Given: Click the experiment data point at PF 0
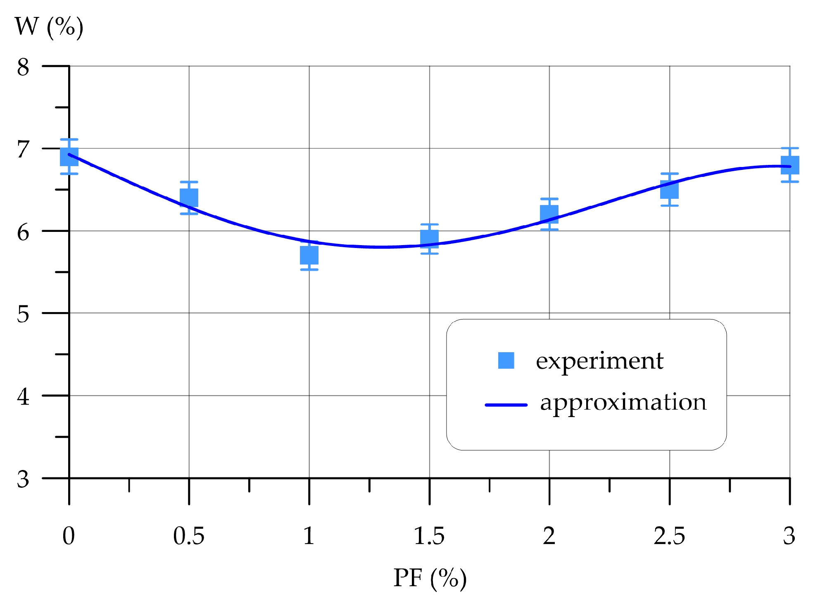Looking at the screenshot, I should point(69,157).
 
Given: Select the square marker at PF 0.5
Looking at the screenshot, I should point(189,198).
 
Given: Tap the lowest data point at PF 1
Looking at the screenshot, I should point(309,255).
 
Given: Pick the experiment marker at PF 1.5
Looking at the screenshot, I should point(429,238).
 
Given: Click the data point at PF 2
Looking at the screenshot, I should point(549,214).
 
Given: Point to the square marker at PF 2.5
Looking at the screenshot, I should point(669,189).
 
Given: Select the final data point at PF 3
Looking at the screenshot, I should point(789,165).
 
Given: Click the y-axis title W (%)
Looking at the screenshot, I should point(49,27).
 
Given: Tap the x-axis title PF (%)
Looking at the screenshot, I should point(430,577).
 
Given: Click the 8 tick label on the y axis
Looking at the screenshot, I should point(23,67).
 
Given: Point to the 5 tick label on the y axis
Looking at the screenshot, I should point(23,314).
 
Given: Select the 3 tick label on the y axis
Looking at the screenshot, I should point(23,479).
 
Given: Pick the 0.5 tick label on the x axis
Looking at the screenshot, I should point(189,536).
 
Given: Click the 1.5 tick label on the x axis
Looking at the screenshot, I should point(429,536).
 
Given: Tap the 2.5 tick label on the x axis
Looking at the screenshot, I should point(669,536).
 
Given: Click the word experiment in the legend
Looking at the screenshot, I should point(599,361).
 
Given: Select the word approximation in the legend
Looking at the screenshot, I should point(623,402).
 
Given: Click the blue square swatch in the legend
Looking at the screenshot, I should point(506,360).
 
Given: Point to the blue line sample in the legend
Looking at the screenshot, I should point(506,405).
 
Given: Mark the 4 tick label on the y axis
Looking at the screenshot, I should point(23,397).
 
